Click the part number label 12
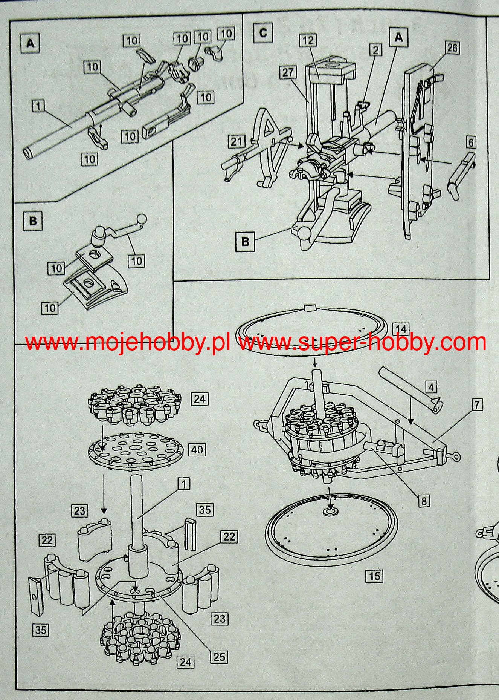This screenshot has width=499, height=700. click(308, 40)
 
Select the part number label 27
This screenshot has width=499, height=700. click(288, 72)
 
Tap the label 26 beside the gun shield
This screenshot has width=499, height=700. click(452, 48)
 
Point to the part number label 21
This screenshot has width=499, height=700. click(236, 142)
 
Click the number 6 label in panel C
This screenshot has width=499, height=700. click(470, 142)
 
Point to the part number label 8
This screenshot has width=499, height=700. click(424, 501)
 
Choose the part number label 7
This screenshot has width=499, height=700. click(476, 405)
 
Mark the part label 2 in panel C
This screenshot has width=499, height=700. click(375, 50)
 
